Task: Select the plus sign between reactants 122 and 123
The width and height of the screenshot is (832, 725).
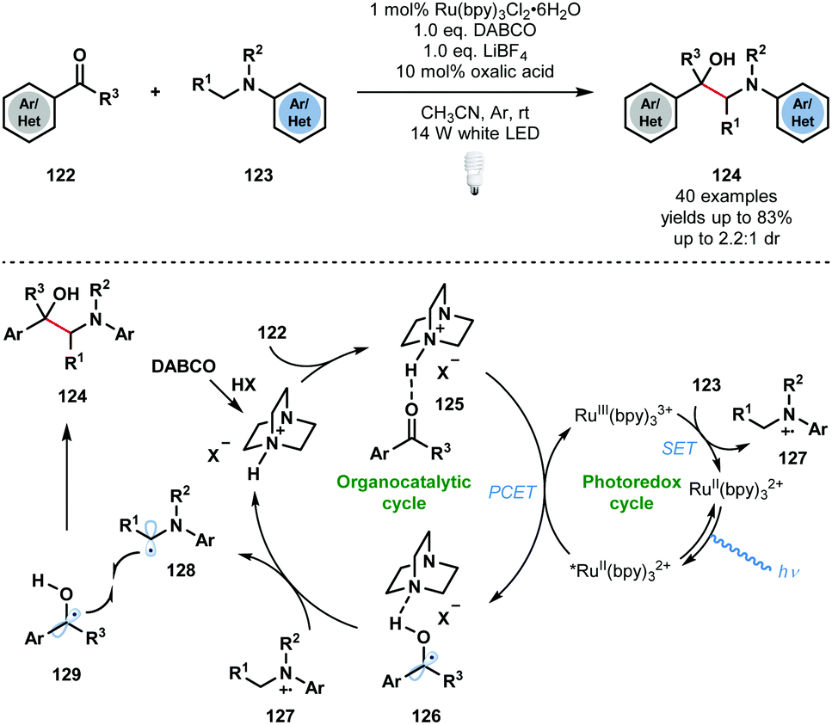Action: point(156,91)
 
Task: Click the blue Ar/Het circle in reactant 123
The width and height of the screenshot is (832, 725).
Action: point(299,114)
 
